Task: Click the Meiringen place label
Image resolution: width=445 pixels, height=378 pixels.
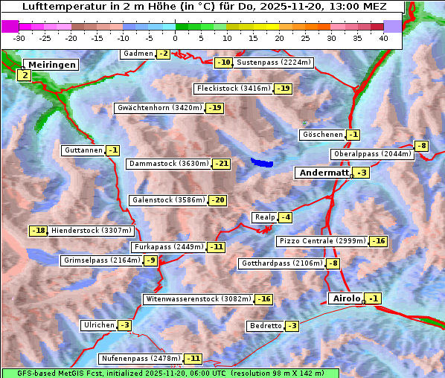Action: click(x=51, y=65)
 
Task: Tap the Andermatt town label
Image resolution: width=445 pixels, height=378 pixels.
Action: click(x=324, y=173)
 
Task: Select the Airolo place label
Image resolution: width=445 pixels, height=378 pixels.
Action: click(x=346, y=298)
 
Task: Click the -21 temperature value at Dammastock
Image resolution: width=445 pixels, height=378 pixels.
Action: click(x=222, y=164)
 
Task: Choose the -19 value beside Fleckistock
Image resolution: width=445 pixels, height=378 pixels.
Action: click(x=284, y=89)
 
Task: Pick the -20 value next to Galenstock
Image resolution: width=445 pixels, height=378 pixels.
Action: click(x=218, y=200)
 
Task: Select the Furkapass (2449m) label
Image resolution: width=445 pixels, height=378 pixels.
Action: click(x=168, y=247)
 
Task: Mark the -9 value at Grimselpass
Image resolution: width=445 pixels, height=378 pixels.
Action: click(x=151, y=260)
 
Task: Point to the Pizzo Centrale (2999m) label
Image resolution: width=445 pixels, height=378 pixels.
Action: click(x=322, y=241)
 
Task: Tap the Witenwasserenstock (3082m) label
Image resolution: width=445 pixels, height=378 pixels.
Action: click(x=199, y=299)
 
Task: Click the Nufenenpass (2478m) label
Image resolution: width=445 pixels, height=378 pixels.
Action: click(x=141, y=359)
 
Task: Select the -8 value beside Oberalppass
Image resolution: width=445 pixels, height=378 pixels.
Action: click(x=422, y=146)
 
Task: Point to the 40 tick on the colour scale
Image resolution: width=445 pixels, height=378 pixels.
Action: click(x=383, y=37)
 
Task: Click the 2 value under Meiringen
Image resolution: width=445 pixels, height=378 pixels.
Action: click(x=25, y=75)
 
